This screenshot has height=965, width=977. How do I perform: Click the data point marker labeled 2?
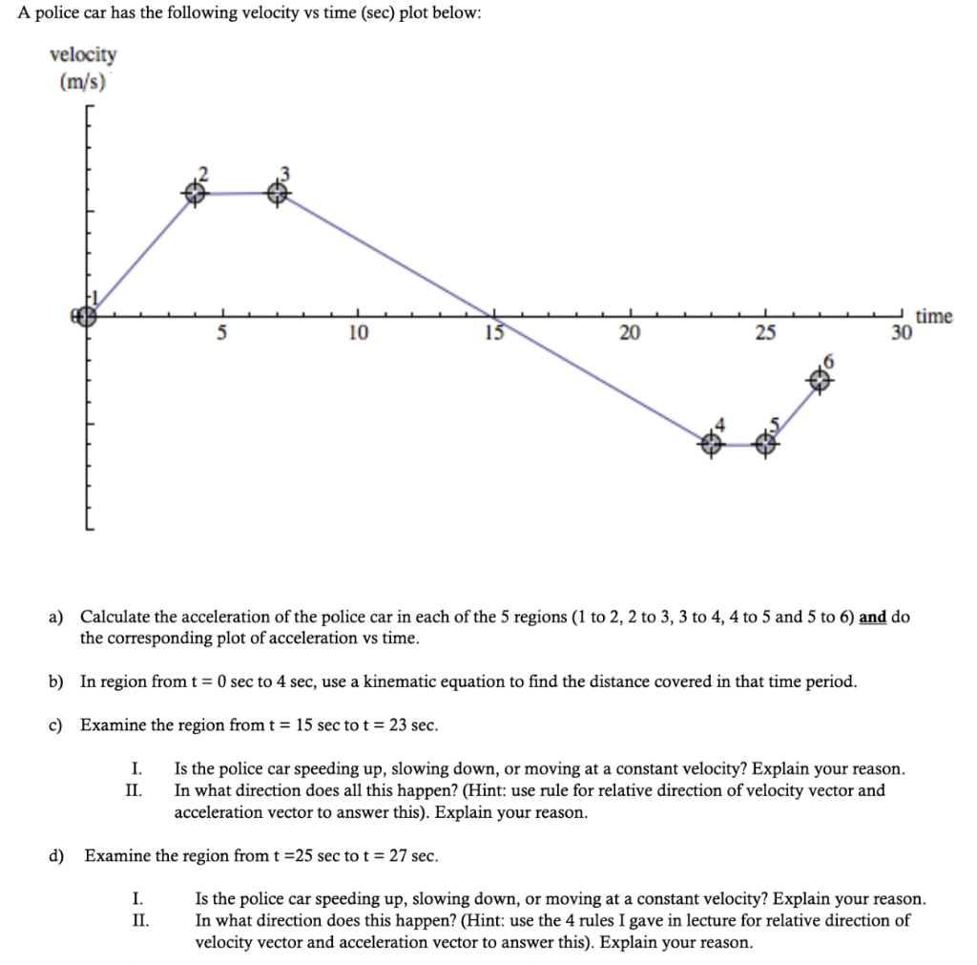[x=194, y=193]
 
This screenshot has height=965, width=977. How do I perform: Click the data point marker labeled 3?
[x=277, y=193]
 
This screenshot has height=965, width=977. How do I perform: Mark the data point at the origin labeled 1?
[x=86, y=316]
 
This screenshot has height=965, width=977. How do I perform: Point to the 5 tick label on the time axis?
[x=222, y=333]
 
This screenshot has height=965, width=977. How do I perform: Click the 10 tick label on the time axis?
[x=357, y=333]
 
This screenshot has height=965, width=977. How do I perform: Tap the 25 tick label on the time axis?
[x=764, y=333]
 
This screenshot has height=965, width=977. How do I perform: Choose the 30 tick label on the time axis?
[x=901, y=333]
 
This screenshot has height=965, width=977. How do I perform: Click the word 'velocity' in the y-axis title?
[x=83, y=54]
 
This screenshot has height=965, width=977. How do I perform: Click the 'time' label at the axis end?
[x=933, y=316]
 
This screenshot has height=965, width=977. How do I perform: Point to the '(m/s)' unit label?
[x=82, y=82]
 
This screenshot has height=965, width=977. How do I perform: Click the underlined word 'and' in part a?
[x=872, y=617]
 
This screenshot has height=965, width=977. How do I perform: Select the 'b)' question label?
[x=56, y=682]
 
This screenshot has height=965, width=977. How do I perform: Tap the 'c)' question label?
[x=56, y=725]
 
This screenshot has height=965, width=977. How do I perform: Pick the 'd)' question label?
[x=58, y=855]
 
